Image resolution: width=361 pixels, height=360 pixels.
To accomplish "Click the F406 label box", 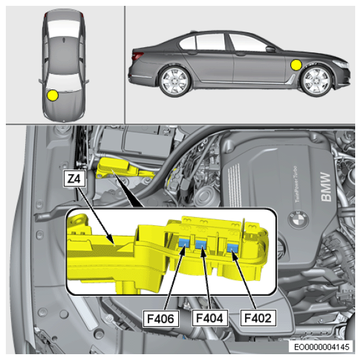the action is [x=161, y=319].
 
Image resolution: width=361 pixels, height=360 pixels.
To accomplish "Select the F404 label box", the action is [x=210, y=318].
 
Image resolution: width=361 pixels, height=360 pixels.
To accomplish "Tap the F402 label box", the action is [x=258, y=318].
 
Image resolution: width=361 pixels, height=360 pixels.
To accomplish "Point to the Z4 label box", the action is [x=75, y=178].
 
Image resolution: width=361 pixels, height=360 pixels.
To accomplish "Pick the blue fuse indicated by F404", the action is [x=201, y=245].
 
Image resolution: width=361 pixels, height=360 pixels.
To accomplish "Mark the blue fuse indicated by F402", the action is [x=233, y=248].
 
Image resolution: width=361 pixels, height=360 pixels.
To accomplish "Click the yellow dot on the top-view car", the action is [x=52, y=95].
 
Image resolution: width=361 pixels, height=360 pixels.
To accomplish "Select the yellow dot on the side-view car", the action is [x=296, y=65].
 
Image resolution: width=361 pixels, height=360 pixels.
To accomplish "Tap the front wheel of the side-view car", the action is [x=317, y=81].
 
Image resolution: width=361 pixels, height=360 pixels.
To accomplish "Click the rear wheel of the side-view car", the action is [x=175, y=82].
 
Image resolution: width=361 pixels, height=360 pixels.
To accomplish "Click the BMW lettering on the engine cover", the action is [x=325, y=186].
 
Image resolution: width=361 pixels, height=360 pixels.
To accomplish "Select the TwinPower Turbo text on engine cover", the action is [x=297, y=184].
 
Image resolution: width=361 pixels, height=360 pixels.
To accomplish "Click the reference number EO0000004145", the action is [x=321, y=346].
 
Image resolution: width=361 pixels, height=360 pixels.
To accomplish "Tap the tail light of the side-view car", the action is [x=137, y=56].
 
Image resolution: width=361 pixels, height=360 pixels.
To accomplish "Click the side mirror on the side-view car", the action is [x=270, y=49].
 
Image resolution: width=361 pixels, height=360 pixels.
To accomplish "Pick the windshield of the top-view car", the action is [x=64, y=82].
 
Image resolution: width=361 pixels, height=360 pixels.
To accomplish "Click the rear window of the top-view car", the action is [x=64, y=28].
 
